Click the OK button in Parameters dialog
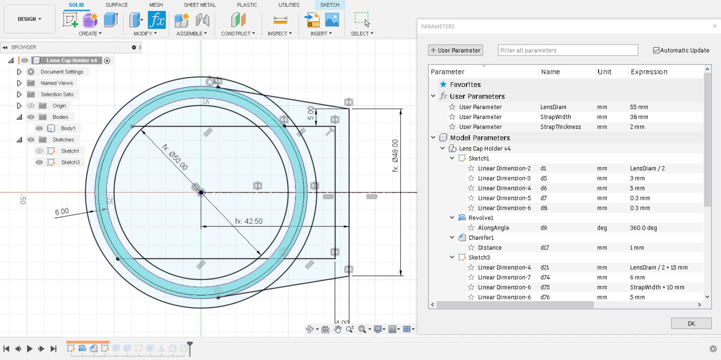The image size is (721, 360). (x=691, y=323)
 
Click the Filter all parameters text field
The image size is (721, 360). (x=567, y=50)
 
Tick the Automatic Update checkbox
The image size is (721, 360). (x=656, y=50)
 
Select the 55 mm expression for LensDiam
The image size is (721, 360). (x=639, y=107)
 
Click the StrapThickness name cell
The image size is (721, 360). (x=560, y=127)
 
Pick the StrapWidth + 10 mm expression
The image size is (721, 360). (x=657, y=287)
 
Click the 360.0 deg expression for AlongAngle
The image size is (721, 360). (x=643, y=228)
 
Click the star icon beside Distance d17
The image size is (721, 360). (x=471, y=248)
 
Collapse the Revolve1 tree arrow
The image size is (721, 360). (x=452, y=218)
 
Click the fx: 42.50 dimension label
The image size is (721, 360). (x=249, y=221)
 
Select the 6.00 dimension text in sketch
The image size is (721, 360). (x=62, y=212)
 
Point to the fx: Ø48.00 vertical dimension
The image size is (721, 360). (x=395, y=156)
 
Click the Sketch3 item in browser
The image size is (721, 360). (x=70, y=162)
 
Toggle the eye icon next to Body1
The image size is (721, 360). (x=39, y=128)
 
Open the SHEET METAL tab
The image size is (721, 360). (x=199, y=5)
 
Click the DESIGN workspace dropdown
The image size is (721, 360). (x=29, y=19)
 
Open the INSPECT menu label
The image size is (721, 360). (x=279, y=34)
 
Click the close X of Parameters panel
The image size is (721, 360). (x=715, y=26)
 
